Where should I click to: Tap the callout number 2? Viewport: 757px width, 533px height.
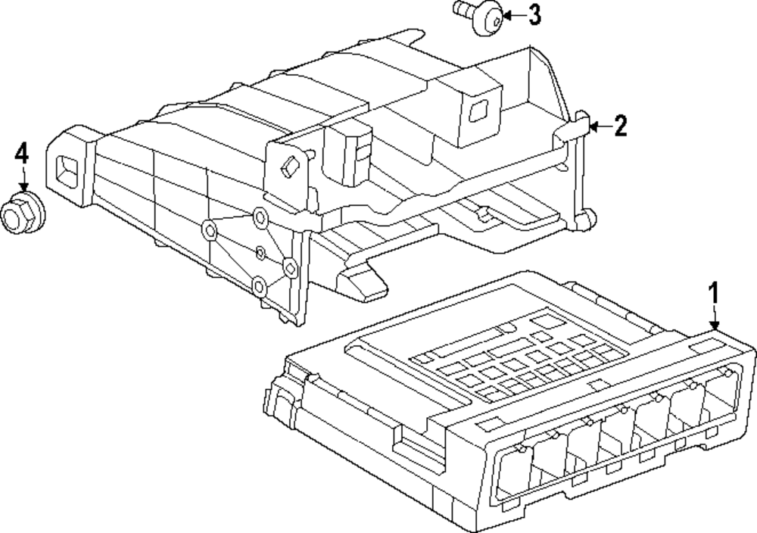coord(620,126)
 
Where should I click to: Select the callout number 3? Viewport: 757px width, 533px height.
coord(534,14)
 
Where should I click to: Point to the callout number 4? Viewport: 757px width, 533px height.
coord(21,154)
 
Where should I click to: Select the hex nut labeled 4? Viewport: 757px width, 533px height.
coord(20,213)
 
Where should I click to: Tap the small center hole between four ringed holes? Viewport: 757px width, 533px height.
coord(260,251)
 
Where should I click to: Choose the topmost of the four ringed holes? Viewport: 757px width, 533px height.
coord(260,218)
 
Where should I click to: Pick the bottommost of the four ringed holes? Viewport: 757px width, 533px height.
coord(260,285)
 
